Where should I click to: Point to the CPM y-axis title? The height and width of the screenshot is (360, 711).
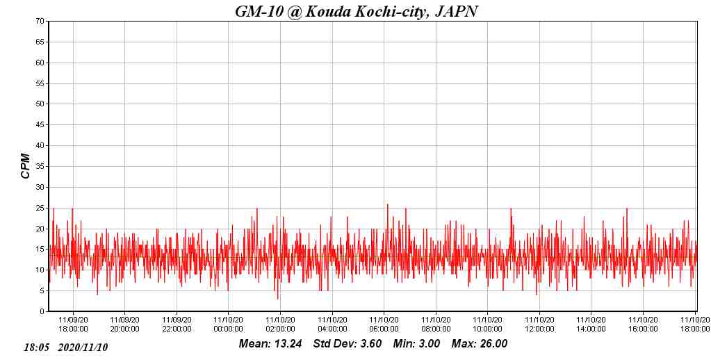coord(26,166)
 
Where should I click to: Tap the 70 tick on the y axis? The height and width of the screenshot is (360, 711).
coord(40,21)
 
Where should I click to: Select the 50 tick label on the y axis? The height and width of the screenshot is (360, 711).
coord(40,104)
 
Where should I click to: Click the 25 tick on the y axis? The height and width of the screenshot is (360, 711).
coord(40,208)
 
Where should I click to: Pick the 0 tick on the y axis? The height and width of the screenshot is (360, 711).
coord(42,311)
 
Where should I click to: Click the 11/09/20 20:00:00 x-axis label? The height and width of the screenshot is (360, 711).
coord(124,325)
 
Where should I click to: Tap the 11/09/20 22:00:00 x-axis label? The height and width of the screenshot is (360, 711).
coord(177,325)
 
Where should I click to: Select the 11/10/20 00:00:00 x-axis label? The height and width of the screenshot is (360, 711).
coord(229,325)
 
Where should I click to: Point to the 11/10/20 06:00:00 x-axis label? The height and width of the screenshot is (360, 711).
coord(384,325)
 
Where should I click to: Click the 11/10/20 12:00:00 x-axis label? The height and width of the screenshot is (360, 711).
coord(539,325)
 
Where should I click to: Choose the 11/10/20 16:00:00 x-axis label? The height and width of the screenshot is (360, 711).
coord(643,325)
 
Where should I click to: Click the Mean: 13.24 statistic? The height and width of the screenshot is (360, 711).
coord(270,343)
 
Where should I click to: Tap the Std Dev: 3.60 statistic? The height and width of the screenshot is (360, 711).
coord(348,343)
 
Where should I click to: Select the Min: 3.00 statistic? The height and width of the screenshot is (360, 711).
coord(416,343)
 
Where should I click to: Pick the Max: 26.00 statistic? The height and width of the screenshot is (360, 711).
coord(480,343)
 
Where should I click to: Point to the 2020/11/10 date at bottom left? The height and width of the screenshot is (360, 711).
coord(83,347)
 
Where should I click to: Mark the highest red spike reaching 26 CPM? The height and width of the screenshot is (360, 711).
coord(387,204)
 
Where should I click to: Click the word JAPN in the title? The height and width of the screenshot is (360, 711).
coord(456,11)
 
